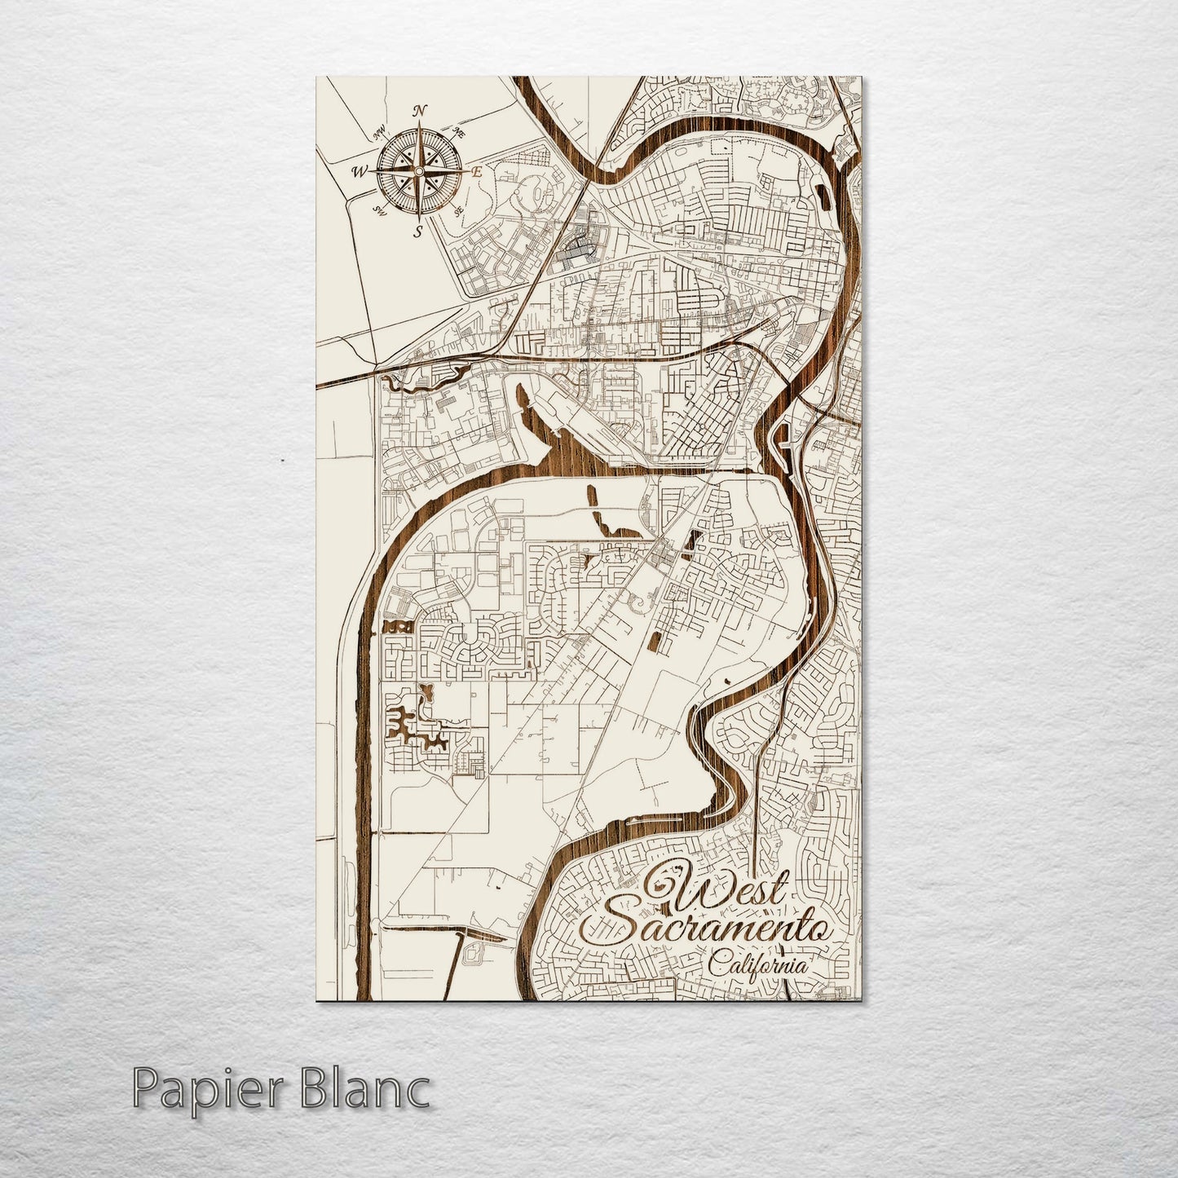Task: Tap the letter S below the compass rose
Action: click(x=418, y=232)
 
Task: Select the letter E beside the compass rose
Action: click(x=478, y=172)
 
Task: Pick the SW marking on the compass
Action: click(x=379, y=211)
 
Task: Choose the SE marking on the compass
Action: click(x=459, y=210)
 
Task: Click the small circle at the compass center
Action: click(x=419, y=172)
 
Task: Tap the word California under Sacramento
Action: click(x=758, y=967)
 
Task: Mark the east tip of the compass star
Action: click(x=465, y=172)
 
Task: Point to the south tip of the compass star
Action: click(x=419, y=219)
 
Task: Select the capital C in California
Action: click(x=717, y=967)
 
